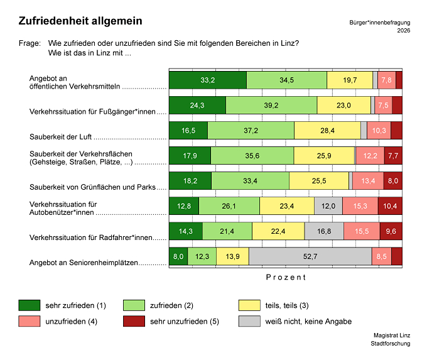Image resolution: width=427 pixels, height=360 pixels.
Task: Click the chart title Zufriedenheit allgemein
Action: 80,21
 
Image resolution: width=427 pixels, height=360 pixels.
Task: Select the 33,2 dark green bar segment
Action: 208,80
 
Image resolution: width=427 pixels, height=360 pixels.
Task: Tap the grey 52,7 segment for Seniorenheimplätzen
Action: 310,256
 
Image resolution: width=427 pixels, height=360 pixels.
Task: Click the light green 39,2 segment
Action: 271,105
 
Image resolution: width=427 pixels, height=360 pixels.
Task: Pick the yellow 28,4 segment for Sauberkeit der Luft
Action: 328,131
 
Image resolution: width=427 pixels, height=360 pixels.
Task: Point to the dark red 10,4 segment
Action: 390,206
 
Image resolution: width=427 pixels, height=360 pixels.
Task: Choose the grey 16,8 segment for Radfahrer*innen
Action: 324,231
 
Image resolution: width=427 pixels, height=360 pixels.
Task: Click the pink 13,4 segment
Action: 368,181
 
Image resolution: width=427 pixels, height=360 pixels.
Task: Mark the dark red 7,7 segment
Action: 393,156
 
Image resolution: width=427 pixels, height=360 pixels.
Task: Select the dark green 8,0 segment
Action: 178,256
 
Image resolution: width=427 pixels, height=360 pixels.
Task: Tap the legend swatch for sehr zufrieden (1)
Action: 30,305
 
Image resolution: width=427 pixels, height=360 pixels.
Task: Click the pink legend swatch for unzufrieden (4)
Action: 30,321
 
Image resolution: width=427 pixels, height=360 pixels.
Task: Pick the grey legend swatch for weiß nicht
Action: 249,321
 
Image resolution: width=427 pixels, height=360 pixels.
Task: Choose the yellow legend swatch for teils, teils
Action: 249,305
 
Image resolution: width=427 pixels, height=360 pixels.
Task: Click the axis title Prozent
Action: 286,278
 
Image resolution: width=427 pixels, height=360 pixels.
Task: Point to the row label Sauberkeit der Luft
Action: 60,137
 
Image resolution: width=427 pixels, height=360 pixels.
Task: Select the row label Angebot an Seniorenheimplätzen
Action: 84,263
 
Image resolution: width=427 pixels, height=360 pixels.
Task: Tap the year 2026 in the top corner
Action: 404,31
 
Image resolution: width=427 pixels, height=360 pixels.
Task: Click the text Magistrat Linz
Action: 392,335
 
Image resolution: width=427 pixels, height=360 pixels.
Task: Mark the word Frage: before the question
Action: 30,43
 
